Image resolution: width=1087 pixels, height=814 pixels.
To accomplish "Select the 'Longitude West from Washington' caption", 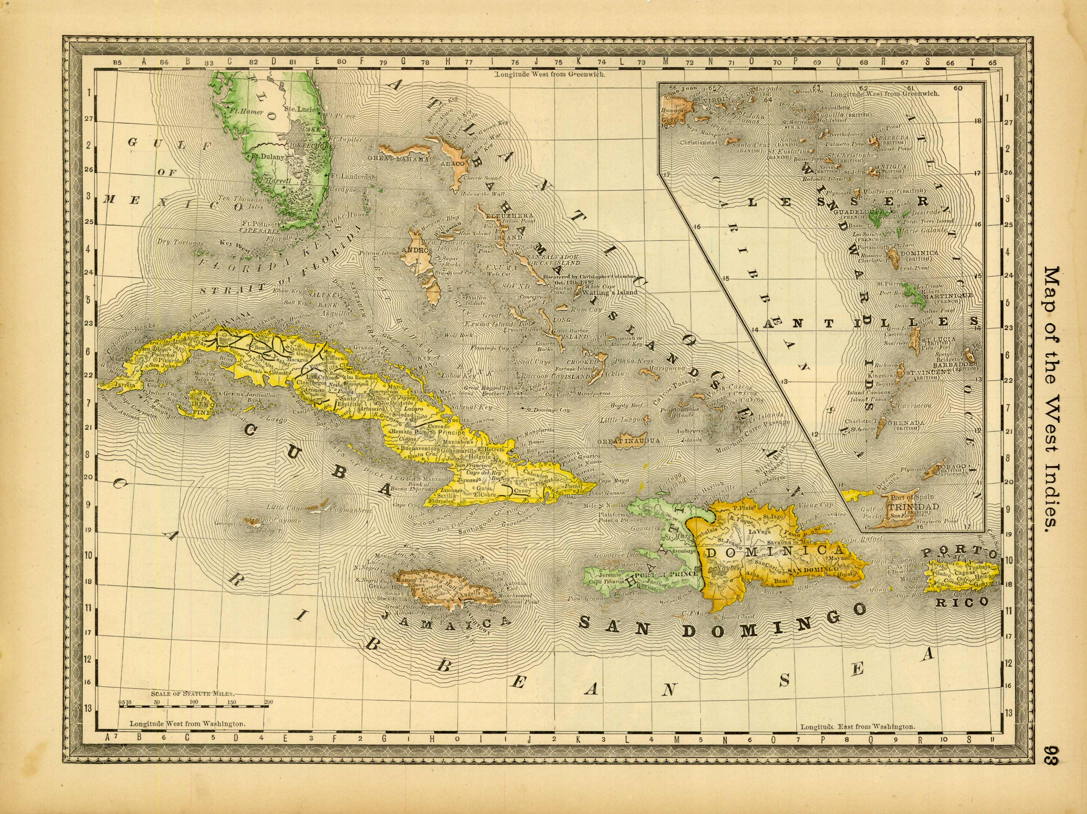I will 187,737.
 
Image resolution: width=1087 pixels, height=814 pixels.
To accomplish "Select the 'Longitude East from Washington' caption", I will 857,739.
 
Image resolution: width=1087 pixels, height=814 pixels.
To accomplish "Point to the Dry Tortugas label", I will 174,242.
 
